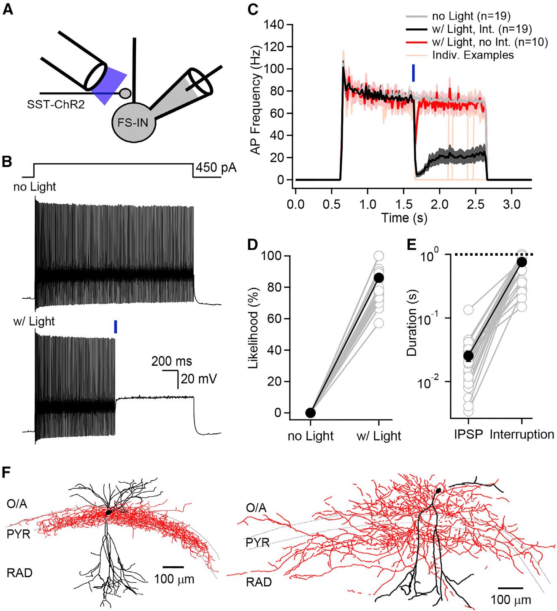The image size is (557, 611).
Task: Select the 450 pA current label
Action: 215,168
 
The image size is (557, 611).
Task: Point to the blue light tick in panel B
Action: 115,327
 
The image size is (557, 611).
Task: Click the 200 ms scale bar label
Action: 172,361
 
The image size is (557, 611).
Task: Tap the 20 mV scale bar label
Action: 199,379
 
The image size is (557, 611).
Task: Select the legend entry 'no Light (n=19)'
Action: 472,17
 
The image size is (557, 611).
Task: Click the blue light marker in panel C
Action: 413,73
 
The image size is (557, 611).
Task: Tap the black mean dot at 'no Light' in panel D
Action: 310,412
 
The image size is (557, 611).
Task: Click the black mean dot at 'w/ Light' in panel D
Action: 379,277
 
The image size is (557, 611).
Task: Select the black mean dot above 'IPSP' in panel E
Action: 468,356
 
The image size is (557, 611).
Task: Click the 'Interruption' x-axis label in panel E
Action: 522,434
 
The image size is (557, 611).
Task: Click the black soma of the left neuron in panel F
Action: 109,512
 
